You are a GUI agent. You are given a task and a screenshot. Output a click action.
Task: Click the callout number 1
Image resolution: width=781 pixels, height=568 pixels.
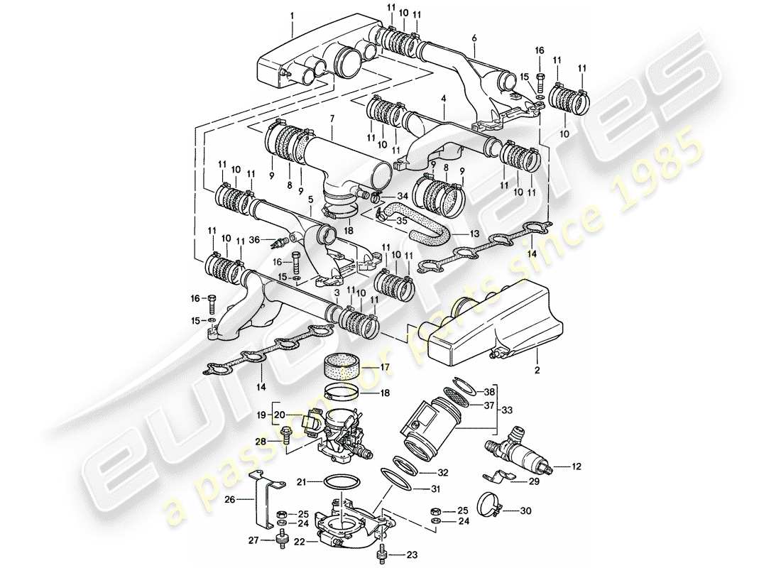point(292,13)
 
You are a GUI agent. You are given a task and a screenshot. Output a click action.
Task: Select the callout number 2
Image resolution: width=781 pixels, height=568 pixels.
point(537,371)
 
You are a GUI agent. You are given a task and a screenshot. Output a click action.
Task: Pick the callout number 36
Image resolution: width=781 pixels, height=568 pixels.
point(253,240)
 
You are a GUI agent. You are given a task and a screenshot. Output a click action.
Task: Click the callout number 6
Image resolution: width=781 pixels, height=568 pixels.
point(474,37)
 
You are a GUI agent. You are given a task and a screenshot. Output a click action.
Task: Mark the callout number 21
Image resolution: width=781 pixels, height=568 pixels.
point(301,481)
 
